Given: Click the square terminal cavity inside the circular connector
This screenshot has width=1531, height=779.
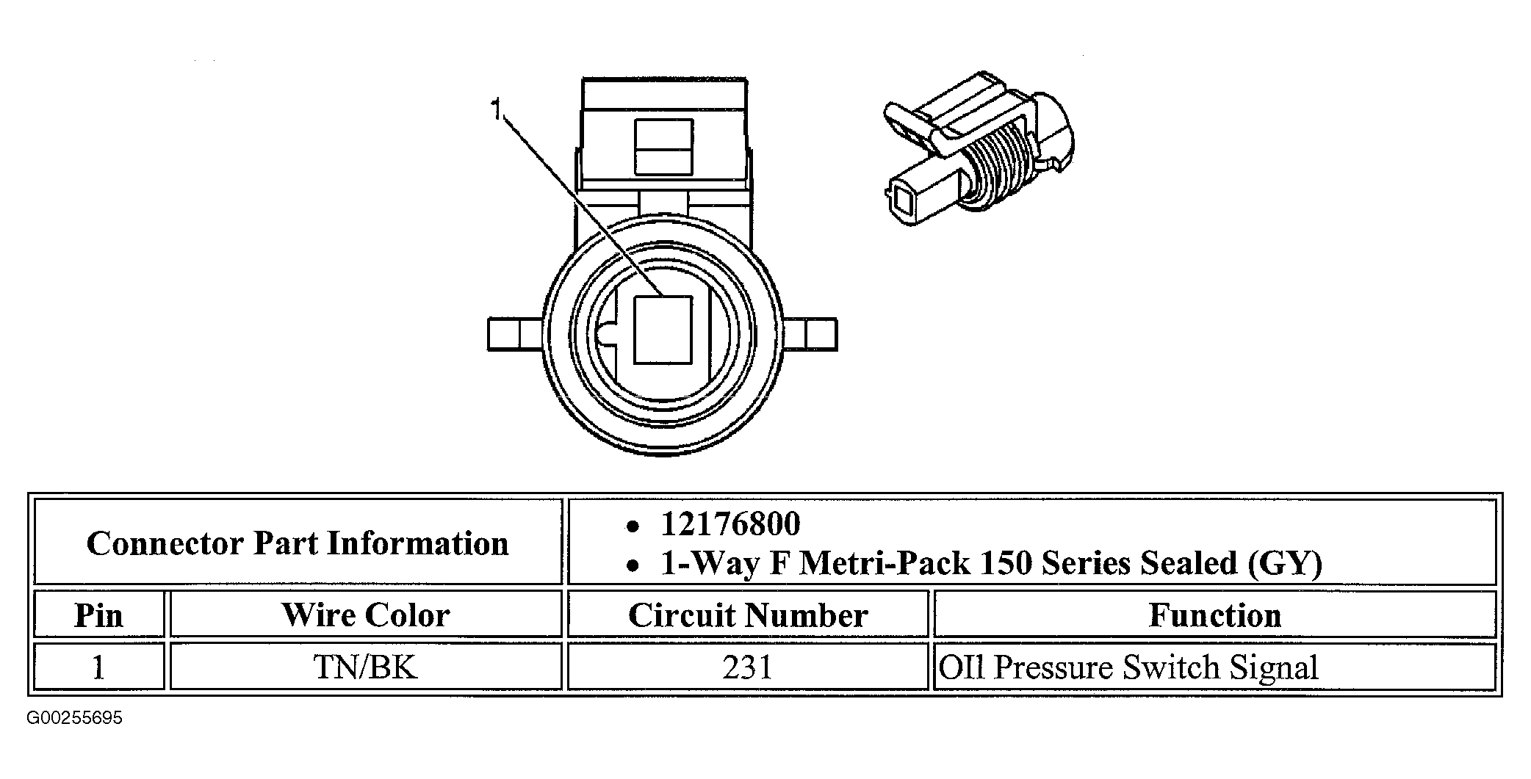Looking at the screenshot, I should click(x=663, y=330).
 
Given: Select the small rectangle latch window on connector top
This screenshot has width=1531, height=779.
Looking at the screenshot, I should click(x=663, y=147).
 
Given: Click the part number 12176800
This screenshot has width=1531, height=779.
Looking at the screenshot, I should click(x=730, y=524).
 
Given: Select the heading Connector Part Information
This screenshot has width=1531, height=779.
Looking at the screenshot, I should click(x=298, y=544).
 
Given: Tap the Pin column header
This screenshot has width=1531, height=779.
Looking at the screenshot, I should click(x=98, y=615).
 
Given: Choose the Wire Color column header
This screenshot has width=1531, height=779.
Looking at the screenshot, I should click(x=366, y=615).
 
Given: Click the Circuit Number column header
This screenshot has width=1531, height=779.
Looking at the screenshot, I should click(x=748, y=615).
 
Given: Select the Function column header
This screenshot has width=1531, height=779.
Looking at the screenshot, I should click(x=1214, y=615).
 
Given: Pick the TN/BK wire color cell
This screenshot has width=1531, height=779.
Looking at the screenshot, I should click(x=366, y=667).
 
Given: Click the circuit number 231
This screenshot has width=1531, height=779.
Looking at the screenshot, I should click(x=748, y=667).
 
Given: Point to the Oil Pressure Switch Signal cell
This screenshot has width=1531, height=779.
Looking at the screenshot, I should click(x=1128, y=667).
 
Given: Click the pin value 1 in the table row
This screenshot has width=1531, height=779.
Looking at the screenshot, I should click(x=98, y=667).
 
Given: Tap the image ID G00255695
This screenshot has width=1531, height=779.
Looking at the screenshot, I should click(x=74, y=718).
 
